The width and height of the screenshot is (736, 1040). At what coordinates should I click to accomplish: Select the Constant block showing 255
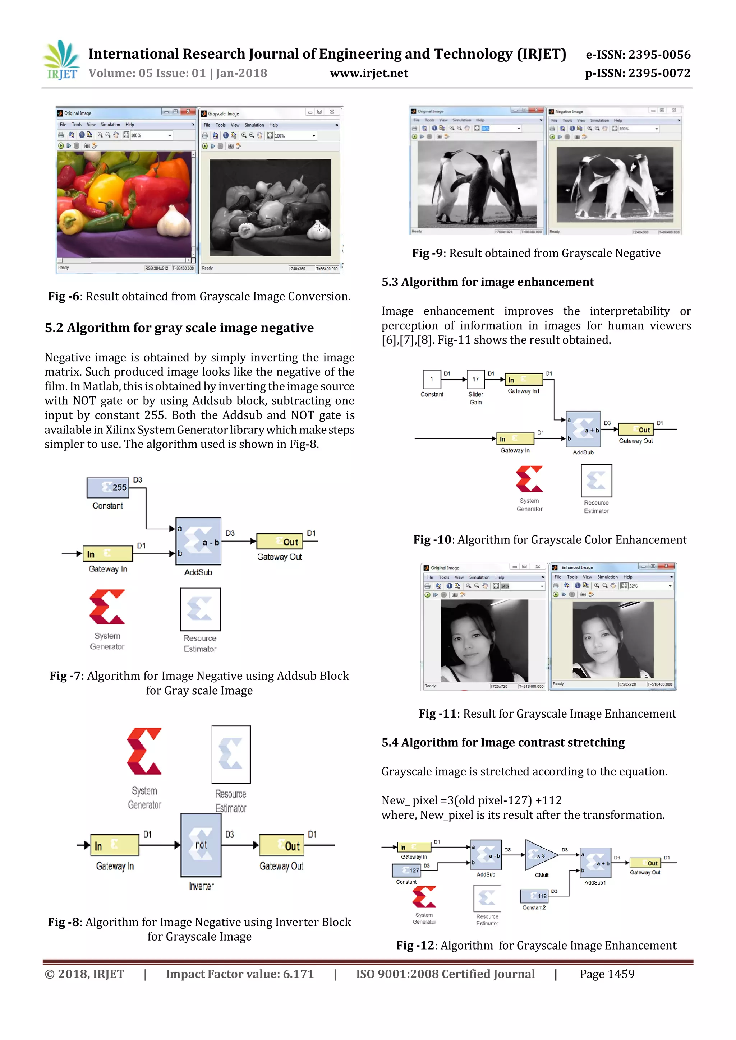point(108,487)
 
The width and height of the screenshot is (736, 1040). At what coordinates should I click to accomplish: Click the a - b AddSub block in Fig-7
point(198,541)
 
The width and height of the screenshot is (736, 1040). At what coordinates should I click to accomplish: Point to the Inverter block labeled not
point(201,844)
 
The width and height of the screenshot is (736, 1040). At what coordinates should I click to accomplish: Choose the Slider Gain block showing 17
point(475,379)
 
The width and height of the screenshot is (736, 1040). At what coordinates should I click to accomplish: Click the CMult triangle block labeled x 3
point(540,855)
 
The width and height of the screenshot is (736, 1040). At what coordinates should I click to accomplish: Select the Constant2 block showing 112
point(534,896)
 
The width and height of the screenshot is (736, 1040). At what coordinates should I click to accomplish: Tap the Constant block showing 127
point(406,870)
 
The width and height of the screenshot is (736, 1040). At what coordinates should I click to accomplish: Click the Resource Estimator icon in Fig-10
point(596,480)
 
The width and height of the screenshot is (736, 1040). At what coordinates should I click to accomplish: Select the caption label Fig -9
point(427,253)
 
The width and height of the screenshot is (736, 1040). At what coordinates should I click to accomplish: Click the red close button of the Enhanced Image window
point(666,566)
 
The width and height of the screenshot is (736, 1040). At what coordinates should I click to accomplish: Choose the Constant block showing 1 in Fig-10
point(432,379)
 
